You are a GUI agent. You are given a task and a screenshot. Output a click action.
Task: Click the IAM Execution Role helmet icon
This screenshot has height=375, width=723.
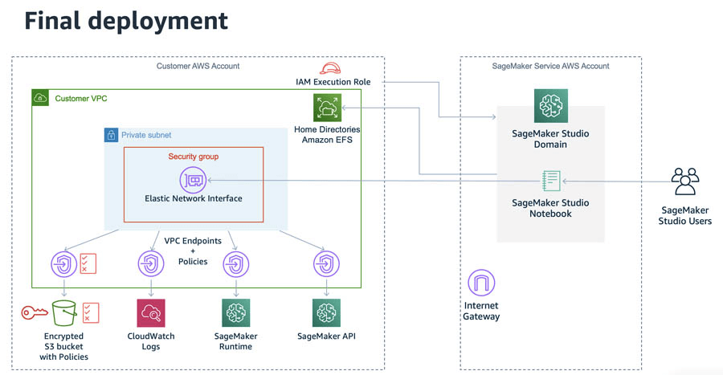coord(330,68)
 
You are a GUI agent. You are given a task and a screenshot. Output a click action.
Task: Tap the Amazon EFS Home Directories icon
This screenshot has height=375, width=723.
coord(328,108)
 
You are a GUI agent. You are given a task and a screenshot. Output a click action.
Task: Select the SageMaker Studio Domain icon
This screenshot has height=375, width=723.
coord(550,106)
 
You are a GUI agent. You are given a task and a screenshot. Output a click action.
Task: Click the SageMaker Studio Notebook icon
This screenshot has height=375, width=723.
coord(551,181)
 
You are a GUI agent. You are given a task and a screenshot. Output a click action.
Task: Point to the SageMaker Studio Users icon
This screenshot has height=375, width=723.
coord(685,181)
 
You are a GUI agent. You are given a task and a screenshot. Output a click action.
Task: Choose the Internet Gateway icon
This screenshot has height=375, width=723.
coord(481,283)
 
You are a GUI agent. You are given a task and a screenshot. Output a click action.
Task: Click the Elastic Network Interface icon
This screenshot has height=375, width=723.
coord(193,180)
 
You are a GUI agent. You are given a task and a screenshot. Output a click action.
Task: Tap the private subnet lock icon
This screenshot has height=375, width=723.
coord(111,135)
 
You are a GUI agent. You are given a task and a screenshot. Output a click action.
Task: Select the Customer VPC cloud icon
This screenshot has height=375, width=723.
coord(40,98)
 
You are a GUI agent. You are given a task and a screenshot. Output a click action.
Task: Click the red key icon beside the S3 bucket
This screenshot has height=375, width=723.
coord(34,313)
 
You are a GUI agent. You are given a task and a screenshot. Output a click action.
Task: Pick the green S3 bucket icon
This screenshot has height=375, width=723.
coord(64,313)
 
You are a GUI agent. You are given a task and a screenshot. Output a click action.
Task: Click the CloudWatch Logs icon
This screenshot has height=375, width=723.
coord(151,313)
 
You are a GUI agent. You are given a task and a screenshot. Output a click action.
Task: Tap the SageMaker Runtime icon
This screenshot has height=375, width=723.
coord(236,313)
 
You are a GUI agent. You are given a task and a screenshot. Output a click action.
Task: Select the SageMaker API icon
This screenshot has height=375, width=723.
coord(326,313)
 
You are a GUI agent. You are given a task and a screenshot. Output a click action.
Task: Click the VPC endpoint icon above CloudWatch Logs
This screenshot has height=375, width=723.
coord(151,264)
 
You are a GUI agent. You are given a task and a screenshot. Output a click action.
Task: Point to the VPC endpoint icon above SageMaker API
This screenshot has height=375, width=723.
coord(326,264)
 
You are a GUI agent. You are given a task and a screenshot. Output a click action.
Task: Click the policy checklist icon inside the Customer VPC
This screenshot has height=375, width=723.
coord(88,263)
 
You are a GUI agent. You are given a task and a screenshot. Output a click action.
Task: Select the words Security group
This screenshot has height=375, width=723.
coord(193,157)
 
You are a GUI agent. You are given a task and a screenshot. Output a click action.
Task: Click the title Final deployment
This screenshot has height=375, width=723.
coord(126,21)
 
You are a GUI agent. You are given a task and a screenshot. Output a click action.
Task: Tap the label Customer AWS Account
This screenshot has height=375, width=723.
coord(198,66)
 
